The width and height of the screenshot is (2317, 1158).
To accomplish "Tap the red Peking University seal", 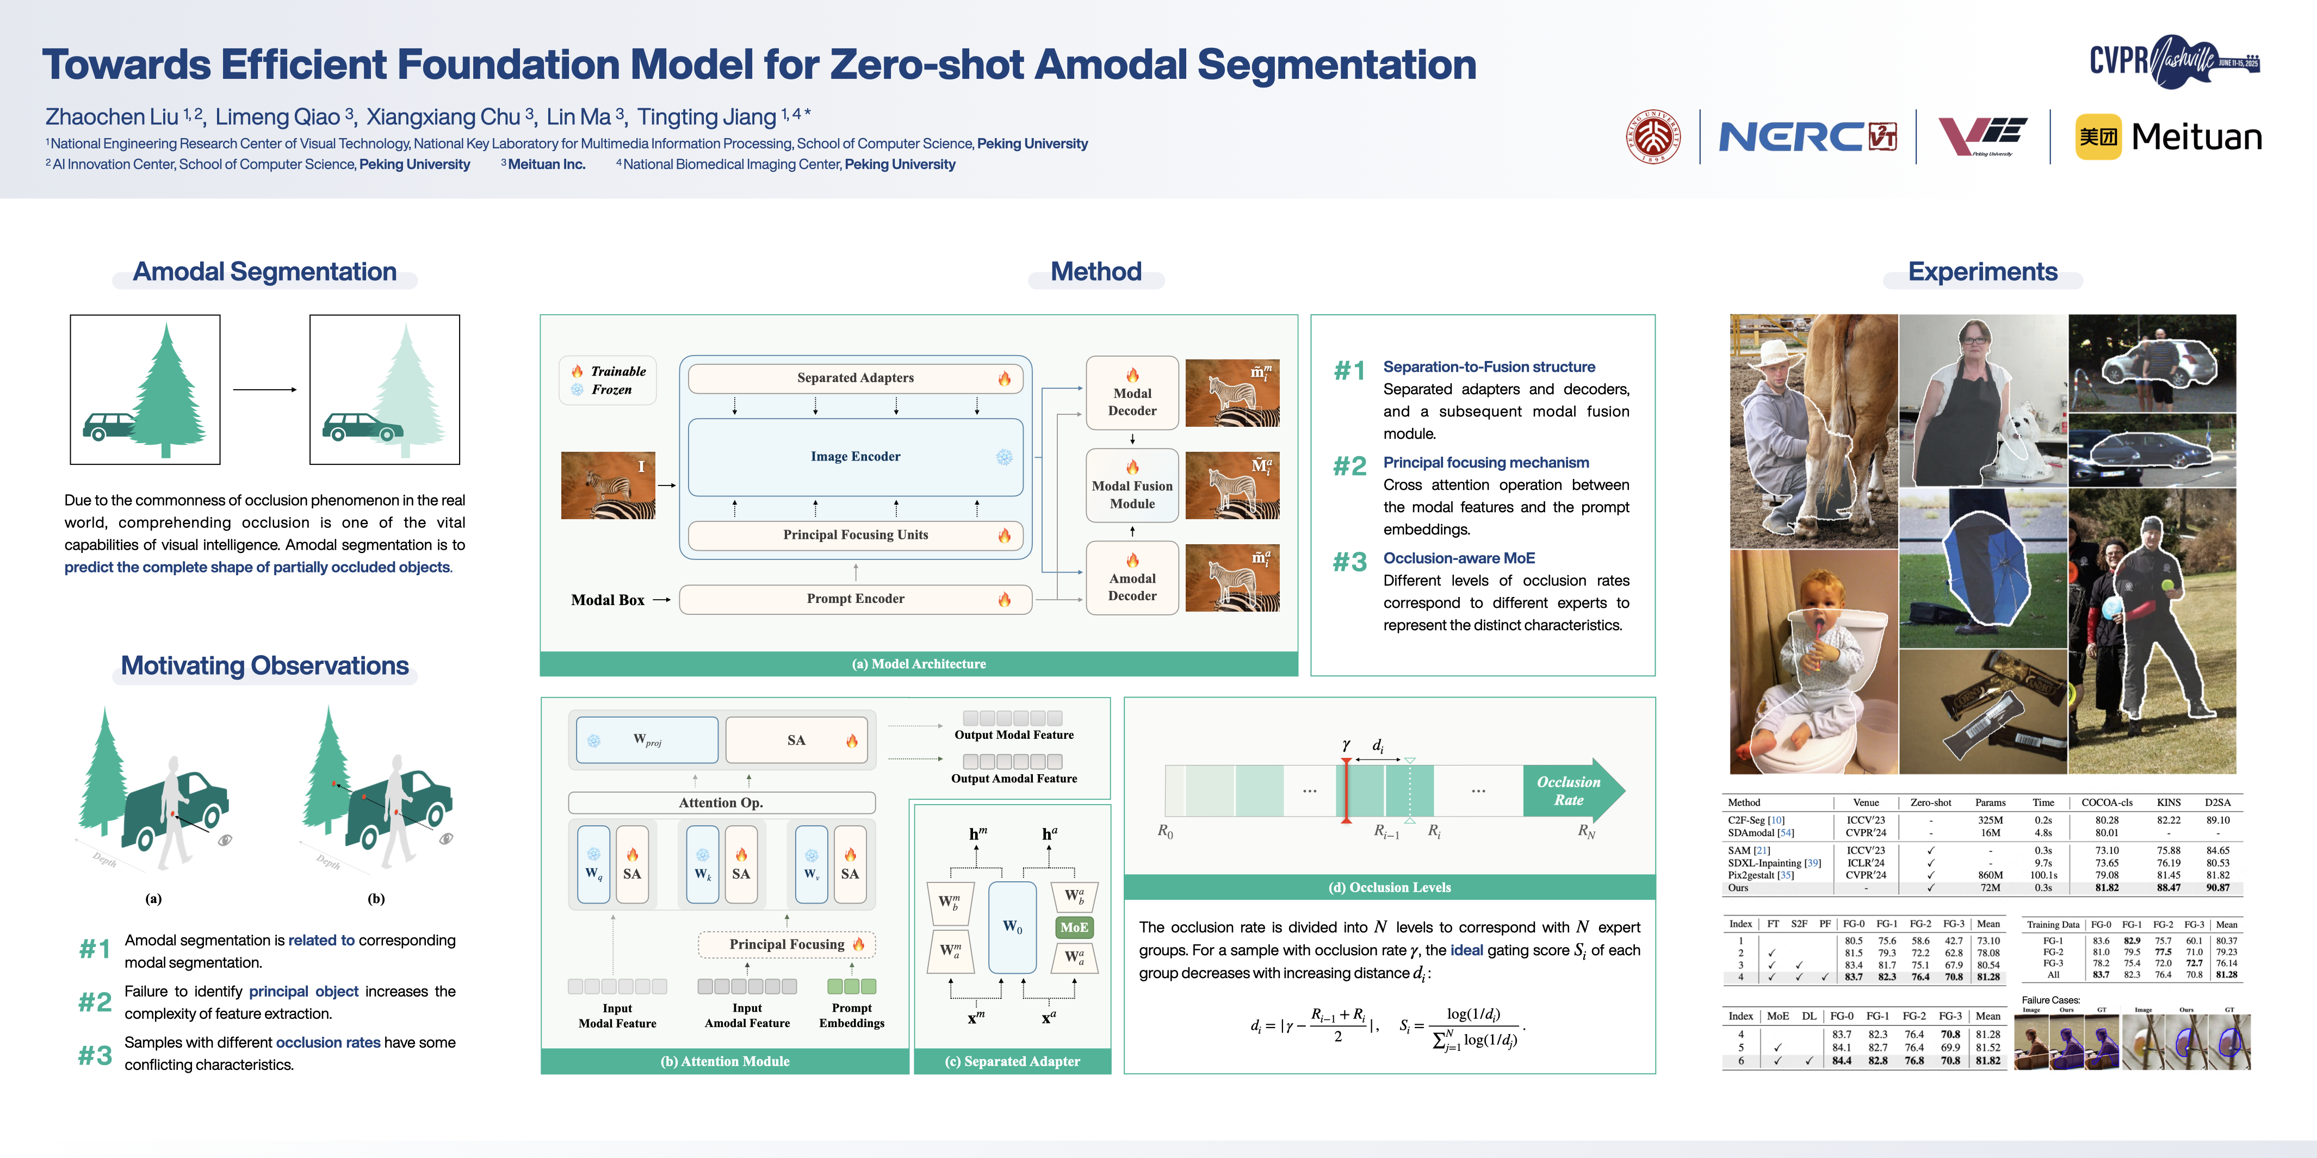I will [1653, 136].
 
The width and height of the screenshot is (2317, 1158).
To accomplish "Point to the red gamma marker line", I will [1346, 790].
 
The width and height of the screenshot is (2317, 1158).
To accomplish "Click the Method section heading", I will [1095, 271].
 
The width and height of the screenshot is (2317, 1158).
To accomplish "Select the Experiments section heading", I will [1983, 271].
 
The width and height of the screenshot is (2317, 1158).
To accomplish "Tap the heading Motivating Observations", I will [264, 665].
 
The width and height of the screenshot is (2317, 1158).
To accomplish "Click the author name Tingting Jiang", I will [706, 117].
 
